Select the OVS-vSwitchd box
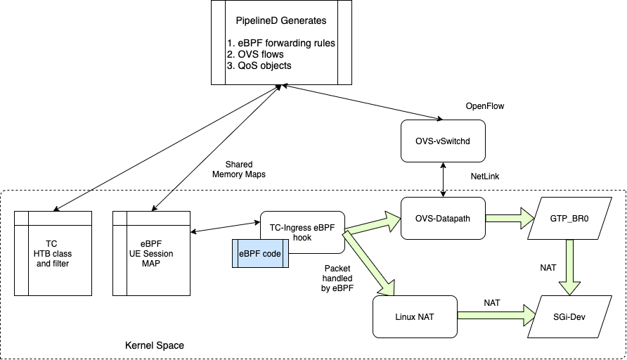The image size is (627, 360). [x=443, y=141]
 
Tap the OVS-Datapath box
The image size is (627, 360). [x=443, y=219]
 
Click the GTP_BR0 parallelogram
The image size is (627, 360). [x=569, y=219]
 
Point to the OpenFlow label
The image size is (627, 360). [x=486, y=105]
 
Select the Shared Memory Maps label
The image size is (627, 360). [x=239, y=169]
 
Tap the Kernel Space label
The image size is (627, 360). [x=155, y=346]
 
